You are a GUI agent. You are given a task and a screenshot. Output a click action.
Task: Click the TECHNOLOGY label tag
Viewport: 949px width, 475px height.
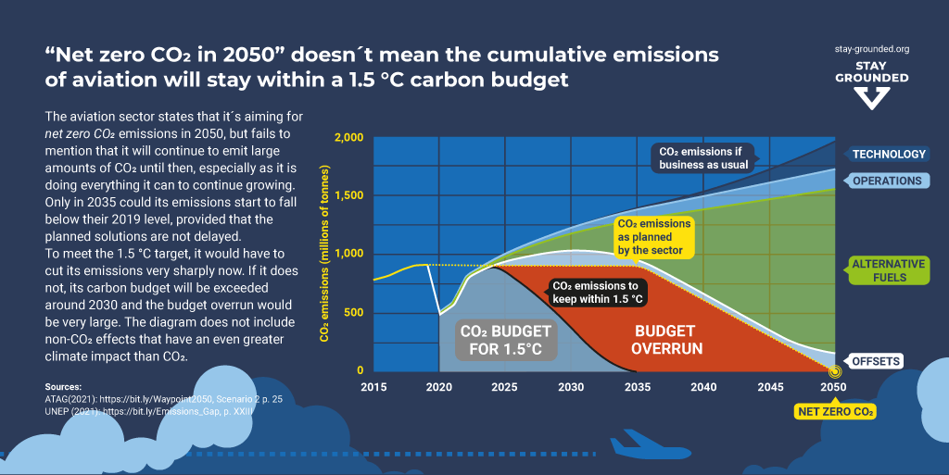pyautogui.click(x=889, y=155)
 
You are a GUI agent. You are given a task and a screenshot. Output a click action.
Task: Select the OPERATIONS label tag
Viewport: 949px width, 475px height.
pyautogui.click(x=887, y=181)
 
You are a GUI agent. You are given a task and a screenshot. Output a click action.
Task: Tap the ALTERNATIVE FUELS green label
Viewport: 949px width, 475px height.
pyautogui.click(x=888, y=269)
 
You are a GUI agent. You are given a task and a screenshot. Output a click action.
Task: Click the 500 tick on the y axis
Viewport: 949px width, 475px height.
pyautogui.click(x=355, y=313)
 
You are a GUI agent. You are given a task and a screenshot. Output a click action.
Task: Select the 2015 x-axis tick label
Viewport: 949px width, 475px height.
pyautogui.click(x=373, y=386)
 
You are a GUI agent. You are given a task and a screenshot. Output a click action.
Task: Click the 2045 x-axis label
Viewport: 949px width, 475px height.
pyautogui.click(x=769, y=386)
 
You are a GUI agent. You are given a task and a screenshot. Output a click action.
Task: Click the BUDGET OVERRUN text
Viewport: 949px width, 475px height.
pyautogui.click(x=666, y=340)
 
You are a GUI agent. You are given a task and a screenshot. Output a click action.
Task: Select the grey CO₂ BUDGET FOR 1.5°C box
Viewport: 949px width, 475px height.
pyautogui.click(x=506, y=340)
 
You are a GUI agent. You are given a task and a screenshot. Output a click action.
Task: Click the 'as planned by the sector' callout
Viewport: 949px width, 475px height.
pyautogui.click(x=652, y=237)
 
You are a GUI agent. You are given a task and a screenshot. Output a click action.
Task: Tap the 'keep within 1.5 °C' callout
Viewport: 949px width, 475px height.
pyautogui.click(x=597, y=293)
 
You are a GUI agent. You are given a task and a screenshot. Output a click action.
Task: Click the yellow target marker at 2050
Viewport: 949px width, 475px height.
pyautogui.click(x=834, y=372)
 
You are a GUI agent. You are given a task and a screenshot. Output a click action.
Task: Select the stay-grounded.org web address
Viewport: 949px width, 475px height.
pyautogui.click(x=871, y=48)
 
